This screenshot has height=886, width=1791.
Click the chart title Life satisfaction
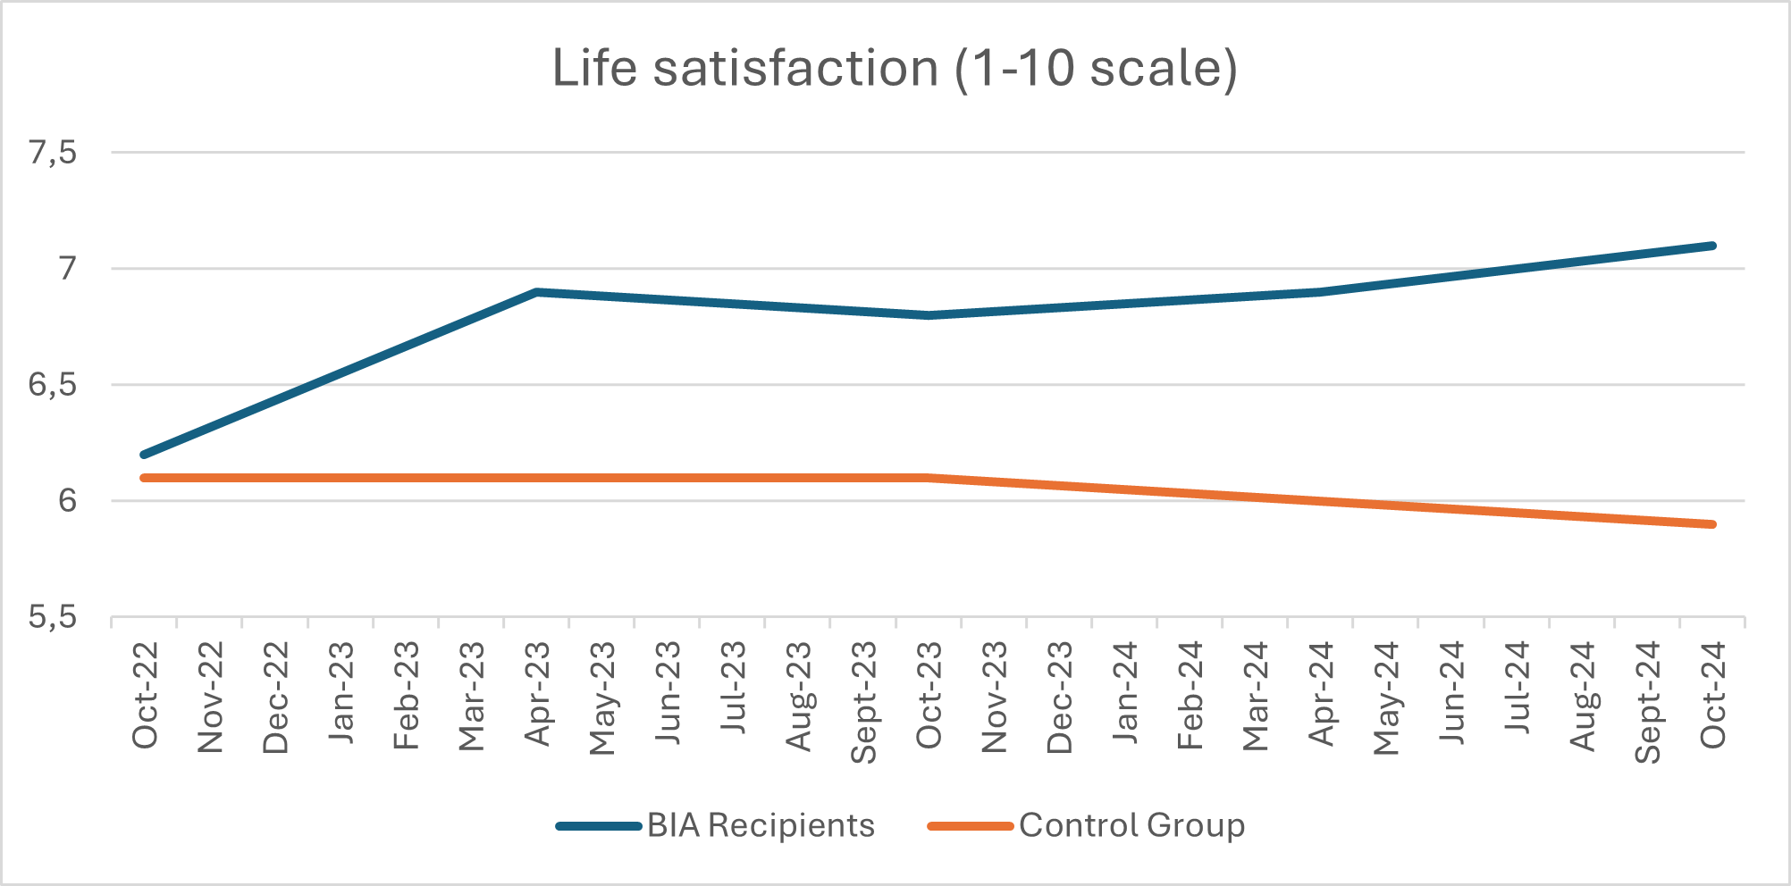(895, 68)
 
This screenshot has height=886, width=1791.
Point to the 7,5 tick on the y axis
(53, 153)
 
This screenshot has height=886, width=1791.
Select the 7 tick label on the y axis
(68, 268)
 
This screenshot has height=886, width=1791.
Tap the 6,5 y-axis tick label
(53, 385)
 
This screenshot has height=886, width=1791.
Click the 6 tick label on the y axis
(68, 500)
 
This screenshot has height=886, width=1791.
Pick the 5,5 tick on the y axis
(53, 616)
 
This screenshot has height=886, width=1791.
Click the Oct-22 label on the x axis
(145, 695)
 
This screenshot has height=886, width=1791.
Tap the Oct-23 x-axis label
(929, 695)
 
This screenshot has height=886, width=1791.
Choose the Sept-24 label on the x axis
(1647, 702)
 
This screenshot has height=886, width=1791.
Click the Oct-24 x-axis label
(1712, 695)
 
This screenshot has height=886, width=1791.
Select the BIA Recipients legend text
(761, 825)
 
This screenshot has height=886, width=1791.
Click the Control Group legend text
(1131, 825)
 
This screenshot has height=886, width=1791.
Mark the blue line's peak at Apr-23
(536, 292)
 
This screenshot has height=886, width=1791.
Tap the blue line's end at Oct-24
(1712, 246)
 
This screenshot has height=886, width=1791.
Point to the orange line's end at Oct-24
(1712, 524)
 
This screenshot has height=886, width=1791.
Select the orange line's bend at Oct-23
(929, 478)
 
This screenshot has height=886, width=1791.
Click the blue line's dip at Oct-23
(929, 315)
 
